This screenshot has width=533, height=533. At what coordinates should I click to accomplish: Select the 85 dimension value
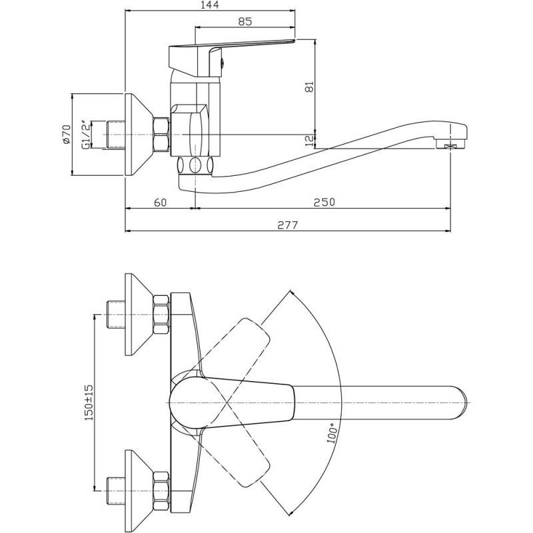(x=244, y=21)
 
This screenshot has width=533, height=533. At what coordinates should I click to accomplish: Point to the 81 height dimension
(x=308, y=87)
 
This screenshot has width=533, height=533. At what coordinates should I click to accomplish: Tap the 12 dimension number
(x=308, y=140)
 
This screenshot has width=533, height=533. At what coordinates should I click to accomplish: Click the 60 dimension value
(x=160, y=202)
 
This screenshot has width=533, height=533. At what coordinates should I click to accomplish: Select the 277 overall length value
(x=288, y=225)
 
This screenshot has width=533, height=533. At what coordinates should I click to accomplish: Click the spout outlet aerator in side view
(x=453, y=144)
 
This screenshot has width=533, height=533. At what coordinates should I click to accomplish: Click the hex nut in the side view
(x=161, y=135)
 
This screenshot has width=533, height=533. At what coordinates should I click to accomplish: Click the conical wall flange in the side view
(x=139, y=135)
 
